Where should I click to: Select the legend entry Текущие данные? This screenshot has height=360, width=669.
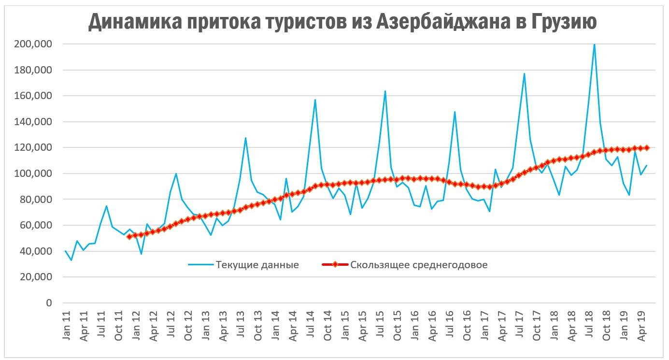coord(257,265)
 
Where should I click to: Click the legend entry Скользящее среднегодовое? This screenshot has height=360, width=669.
coord(418,265)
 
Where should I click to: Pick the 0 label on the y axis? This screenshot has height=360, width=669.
coord(48,303)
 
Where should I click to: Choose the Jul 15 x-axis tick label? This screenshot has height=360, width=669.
coord(381,327)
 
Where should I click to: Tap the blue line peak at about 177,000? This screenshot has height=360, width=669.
coord(524,73)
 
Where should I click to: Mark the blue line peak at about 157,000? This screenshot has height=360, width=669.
coord(315,100)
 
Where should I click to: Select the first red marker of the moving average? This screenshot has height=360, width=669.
coord(129,237)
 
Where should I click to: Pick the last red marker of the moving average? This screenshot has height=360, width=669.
coord(646,148)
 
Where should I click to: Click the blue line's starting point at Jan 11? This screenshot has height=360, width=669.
coord(65,251)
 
